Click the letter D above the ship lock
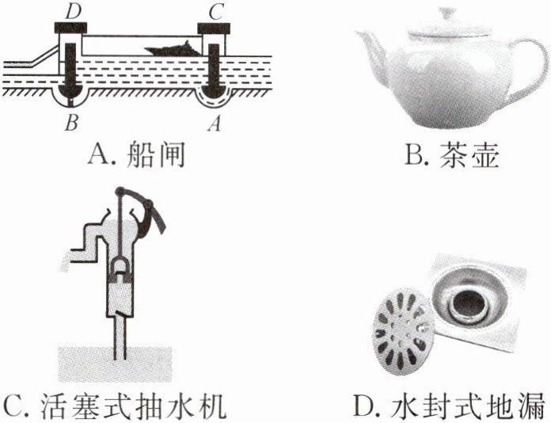pyautogui.click(x=72, y=10)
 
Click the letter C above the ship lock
pyautogui.click(x=211, y=10)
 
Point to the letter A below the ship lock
pyautogui.click(x=210, y=124)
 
